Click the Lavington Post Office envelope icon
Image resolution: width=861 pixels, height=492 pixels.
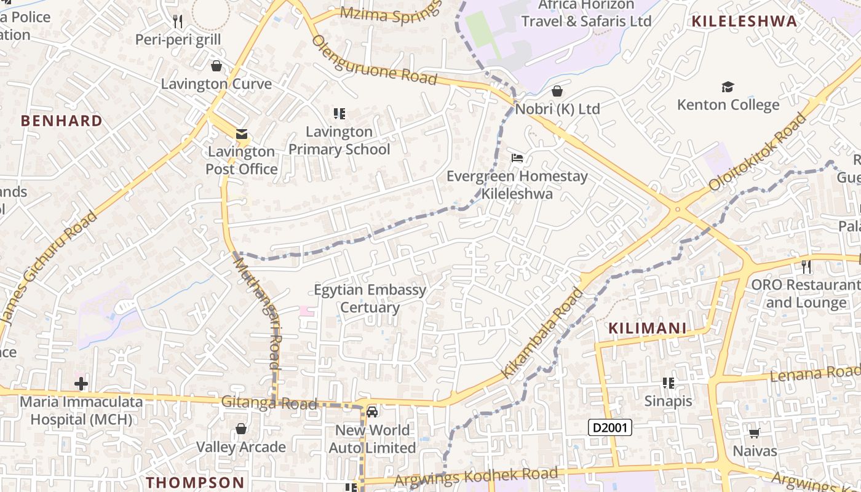(x=241, y=134)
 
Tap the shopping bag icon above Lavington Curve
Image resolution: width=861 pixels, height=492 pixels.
(x=216, y=65)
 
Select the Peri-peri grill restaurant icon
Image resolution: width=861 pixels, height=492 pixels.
(x=178, y=22)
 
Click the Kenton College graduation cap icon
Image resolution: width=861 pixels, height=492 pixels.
(x=728, y=87)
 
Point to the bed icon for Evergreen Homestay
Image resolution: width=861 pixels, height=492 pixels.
(x=517, y=158)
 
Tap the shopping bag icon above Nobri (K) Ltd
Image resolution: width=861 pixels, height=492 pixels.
(x=557, y=91)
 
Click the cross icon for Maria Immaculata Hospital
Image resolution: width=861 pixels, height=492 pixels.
(x=81, y=384)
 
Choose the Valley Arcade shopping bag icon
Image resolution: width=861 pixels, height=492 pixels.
(x=241, y=429)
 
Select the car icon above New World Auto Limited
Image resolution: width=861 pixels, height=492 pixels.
(x=372, y=411)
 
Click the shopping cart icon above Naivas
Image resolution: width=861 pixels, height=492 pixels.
(x=755, y=433)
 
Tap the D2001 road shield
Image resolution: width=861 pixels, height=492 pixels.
(x=610, y=427)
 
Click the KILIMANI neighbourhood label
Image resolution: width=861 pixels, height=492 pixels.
(x=647, y=328)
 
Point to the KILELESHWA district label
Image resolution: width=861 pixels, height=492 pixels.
(x=744, y=22)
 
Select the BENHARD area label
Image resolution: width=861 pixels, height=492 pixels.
(x=61, y=121)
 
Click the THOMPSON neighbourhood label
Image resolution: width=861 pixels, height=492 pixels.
(x=196, y=482)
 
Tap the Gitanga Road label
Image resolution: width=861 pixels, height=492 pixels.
(x=269, y=403)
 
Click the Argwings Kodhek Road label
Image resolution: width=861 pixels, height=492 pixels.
(x=476, y=476)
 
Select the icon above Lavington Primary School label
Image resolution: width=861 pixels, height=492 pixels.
(x=339, y=114)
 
